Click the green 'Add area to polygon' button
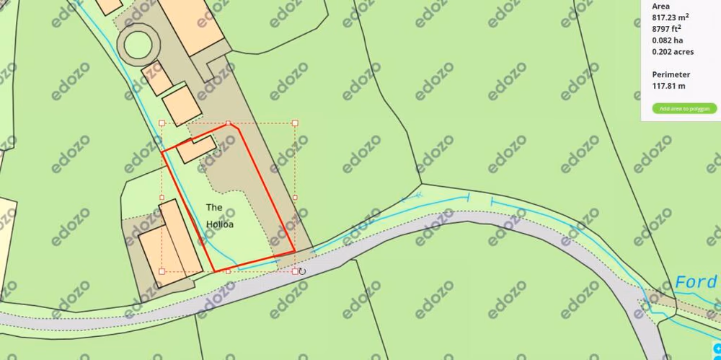684,109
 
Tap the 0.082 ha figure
667,40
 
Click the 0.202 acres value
673,52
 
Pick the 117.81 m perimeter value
668,86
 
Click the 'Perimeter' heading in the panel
671,74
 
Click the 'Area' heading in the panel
660,6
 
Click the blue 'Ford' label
696,282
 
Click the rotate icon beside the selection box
302,271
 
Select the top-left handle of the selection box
162,123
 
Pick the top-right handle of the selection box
295,123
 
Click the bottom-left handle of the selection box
162,271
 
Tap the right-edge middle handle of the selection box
295,197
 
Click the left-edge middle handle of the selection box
162,197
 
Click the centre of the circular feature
138,44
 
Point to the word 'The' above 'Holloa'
214,208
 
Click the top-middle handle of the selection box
229,123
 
